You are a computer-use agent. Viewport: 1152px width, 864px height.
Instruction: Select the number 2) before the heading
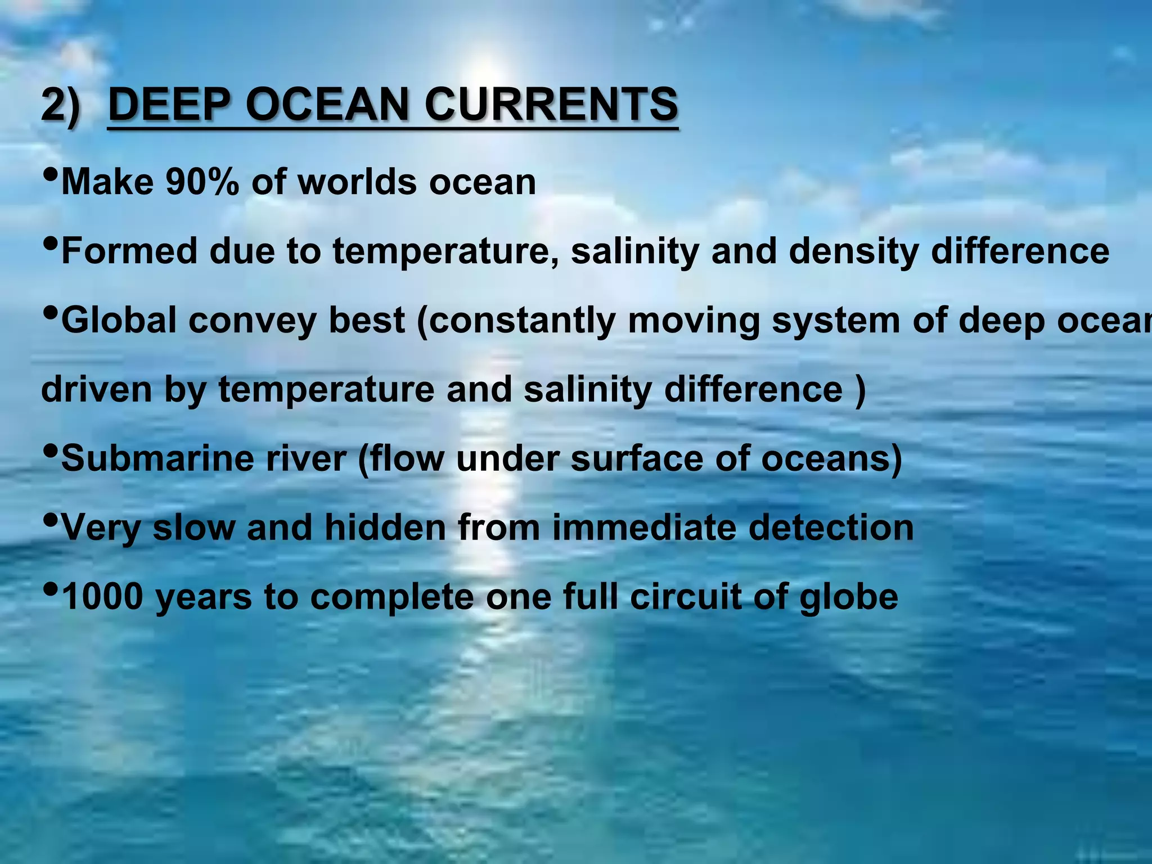point(61,105)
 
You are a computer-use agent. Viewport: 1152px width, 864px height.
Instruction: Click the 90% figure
point(202,182)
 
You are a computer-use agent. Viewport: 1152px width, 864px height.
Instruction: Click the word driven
point(96,389)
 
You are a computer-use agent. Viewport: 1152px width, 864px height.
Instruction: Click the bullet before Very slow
point(50,520)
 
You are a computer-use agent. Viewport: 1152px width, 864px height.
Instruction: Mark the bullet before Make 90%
point(50,175)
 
